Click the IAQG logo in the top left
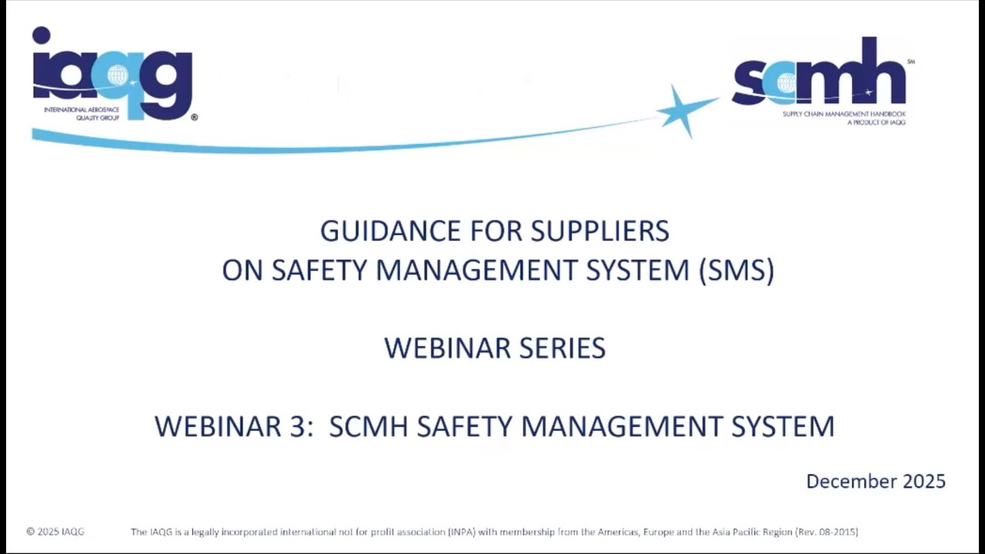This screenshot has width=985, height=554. tap(112, 74)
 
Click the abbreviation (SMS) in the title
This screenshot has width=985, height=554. tap(736, 271)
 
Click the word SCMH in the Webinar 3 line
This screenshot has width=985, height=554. tap(369, 426)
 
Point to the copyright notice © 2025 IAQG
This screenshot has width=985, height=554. tap(55, 532)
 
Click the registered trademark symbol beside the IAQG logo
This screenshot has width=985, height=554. tap(194, 118)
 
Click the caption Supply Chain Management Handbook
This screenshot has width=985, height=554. tap(843, 115)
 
